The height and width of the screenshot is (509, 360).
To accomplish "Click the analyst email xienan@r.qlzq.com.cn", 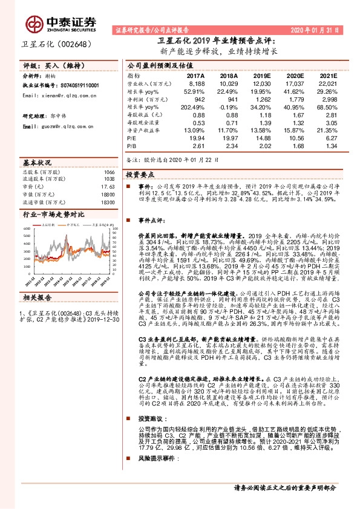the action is coord(57,96).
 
